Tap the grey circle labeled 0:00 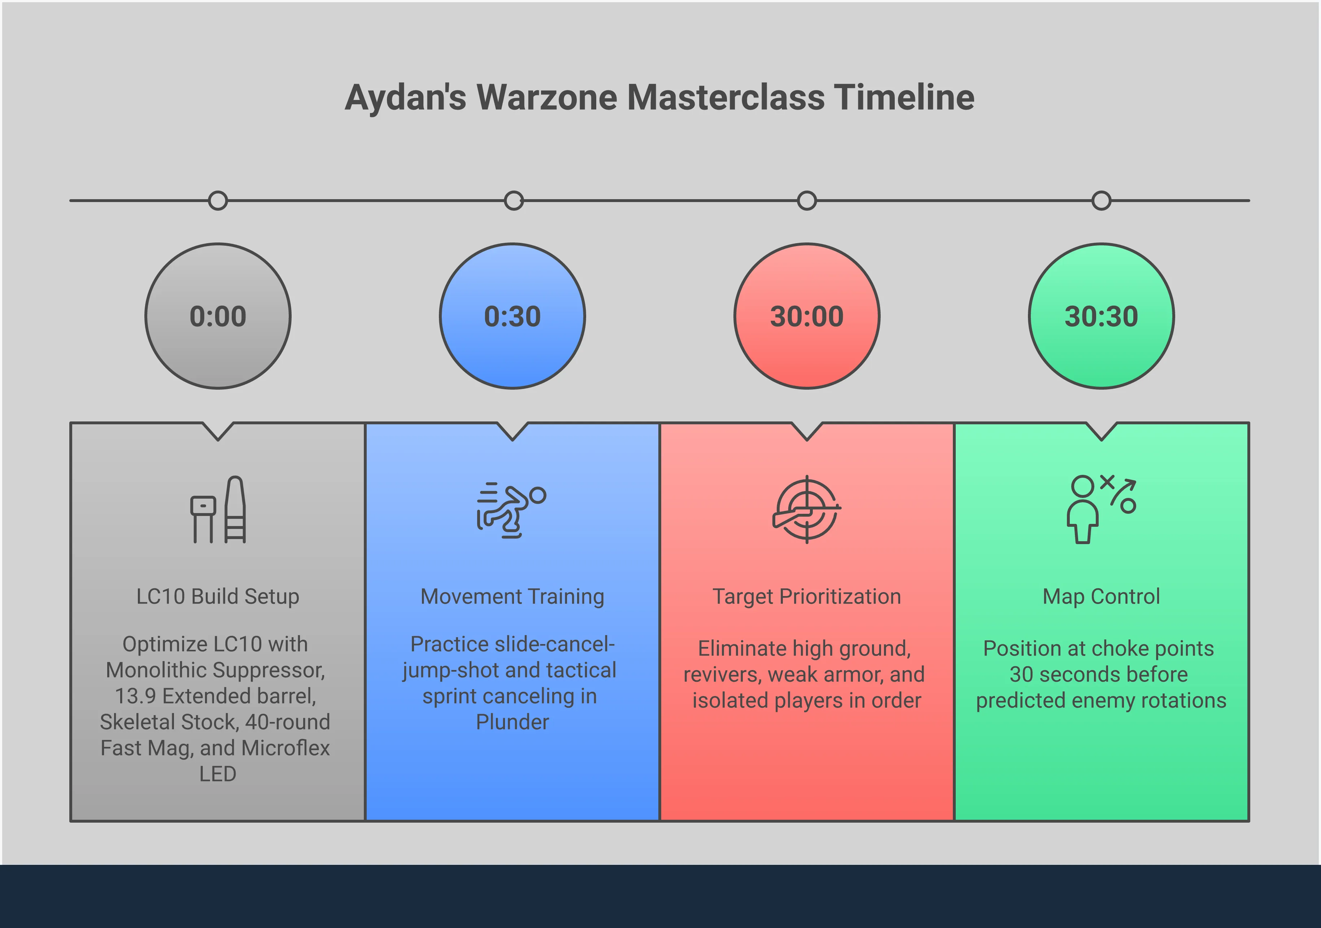pos(218,316)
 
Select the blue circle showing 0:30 pos(513,316)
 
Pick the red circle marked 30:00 pos(807,316)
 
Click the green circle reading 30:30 pos(1101,316)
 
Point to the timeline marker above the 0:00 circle pos(218,201)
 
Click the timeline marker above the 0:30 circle pos(513,201)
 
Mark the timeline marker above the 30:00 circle pos(807,201)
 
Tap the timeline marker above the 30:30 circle pos(1101,201)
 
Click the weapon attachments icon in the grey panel pos(219,510)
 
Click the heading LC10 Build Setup pos(218,597)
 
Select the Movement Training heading pos(513,597)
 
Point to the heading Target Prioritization pos(807,597)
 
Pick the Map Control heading pos(1101,597)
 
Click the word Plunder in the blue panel pos(513,722)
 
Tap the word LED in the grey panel pos(218,774)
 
